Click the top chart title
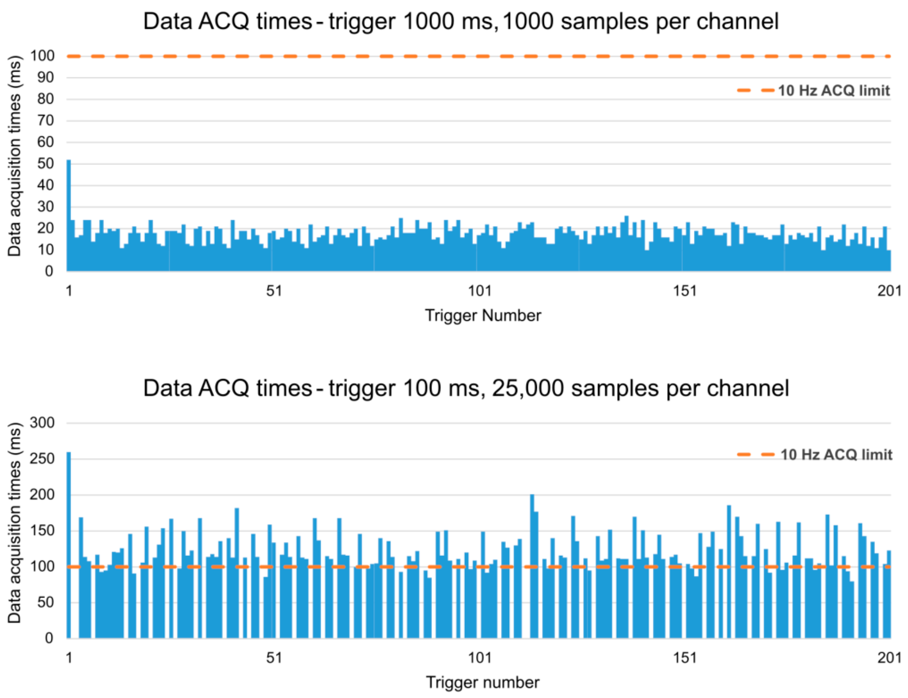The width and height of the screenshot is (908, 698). pos(460,22)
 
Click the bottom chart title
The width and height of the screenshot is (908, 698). pos(466,388)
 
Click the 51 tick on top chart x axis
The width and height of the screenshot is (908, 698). pos(274,291)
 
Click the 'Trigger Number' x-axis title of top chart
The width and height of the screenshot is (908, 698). pos(483,316)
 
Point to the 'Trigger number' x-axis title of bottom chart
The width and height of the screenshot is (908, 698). pos(483,682)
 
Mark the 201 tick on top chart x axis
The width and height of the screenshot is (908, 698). pos(889,291)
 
